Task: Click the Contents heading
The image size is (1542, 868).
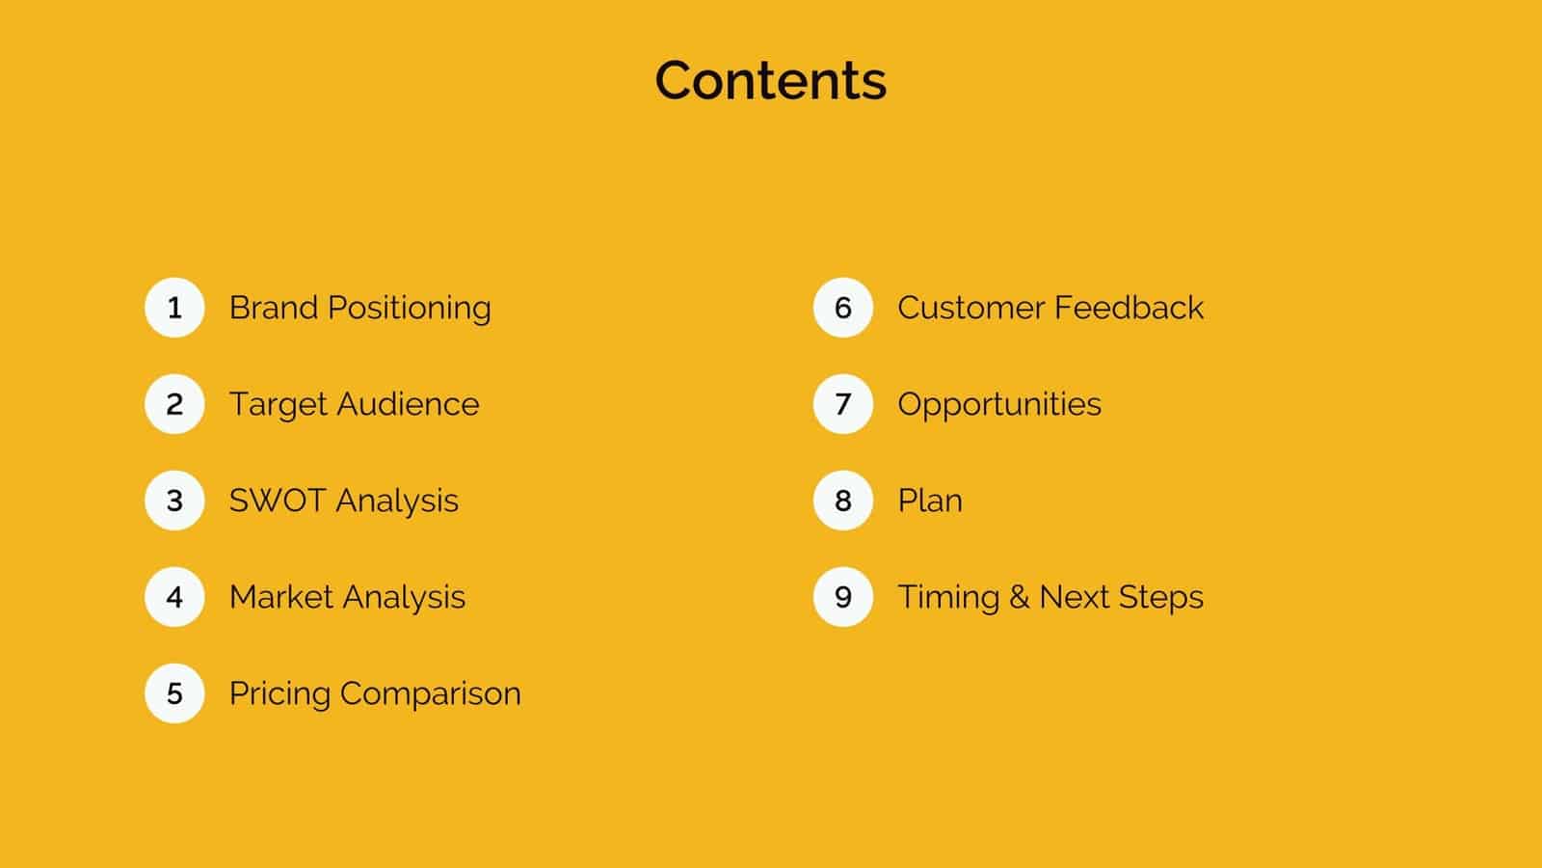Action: [770, 80]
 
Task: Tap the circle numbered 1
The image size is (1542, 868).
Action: [174, 308]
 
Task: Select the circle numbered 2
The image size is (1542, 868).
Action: [174, 404]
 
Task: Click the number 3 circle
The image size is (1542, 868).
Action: [174, 501]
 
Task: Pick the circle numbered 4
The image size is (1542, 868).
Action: [174, 597]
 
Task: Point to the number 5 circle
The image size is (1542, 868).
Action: [174, 693]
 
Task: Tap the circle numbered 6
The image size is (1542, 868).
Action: [843, 308]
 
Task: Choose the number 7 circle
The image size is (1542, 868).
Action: [843, 404]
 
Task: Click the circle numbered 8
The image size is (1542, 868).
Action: [843, 501]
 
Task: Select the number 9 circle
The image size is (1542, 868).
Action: [843, 597]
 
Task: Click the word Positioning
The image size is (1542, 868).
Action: [410, 309]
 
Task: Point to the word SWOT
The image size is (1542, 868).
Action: [276, 501]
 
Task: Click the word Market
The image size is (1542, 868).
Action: [280, 597]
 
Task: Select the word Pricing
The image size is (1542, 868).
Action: [279, 694]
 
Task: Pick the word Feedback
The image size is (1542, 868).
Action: [1129, 308]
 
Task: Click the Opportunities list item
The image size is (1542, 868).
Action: [999, 405]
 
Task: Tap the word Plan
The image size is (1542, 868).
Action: [930, 501]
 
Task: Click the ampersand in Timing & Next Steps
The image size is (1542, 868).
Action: [1019, 598]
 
